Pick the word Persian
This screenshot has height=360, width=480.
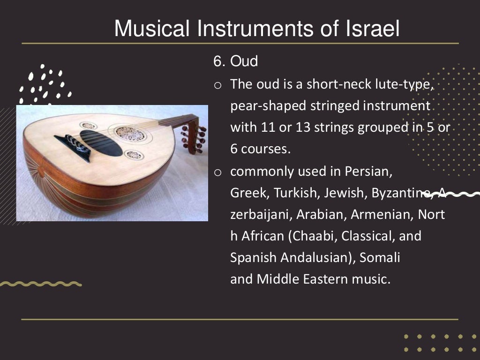tap(368, 171)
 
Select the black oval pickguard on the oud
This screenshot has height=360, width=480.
tap(100, 142)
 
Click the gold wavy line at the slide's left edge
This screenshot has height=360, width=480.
tap(40, 284)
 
